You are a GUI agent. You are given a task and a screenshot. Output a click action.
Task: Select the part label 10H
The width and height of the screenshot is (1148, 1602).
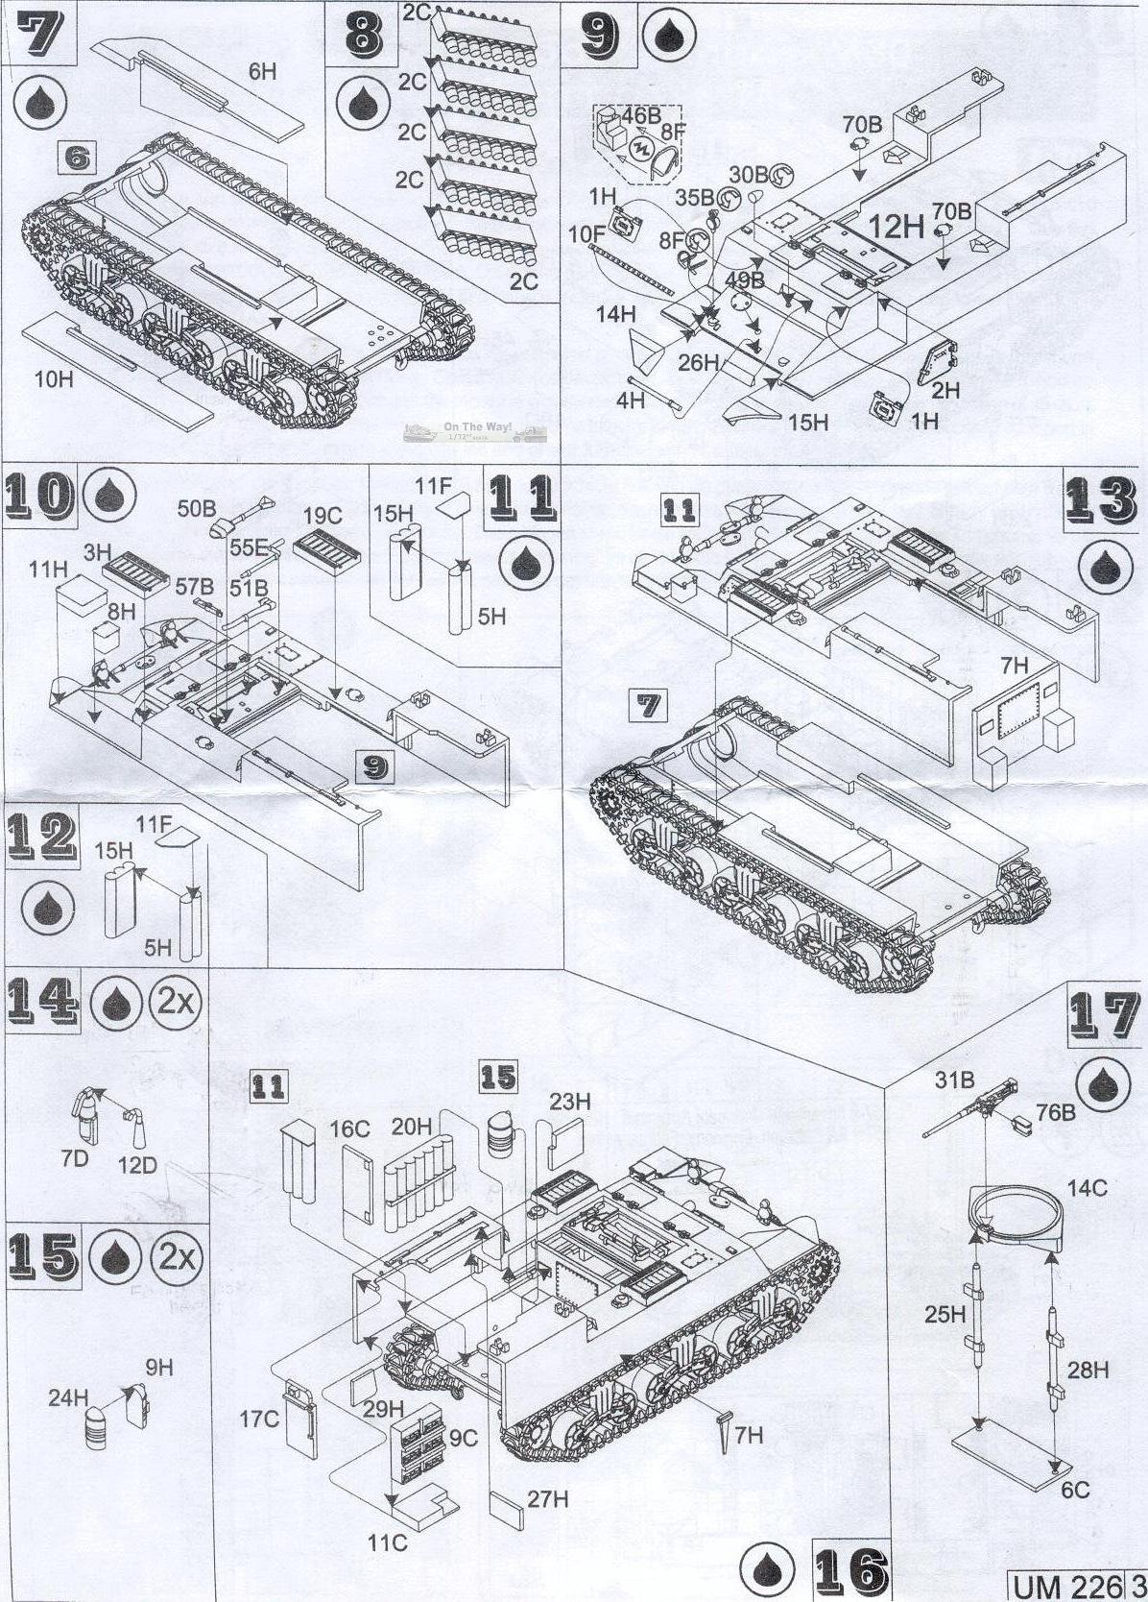pos(54,379)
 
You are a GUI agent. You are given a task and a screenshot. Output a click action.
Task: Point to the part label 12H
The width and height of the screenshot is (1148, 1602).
pos(896,227)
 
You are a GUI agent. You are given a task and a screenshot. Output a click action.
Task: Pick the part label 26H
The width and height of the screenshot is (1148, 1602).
pos(698,362)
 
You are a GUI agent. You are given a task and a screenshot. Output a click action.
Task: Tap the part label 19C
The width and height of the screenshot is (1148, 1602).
pos(322,517)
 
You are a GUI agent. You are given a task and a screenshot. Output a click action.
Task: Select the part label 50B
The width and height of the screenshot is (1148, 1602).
pos(197,509)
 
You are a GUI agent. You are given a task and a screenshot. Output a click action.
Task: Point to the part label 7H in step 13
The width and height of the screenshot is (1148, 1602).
pos(1014,665)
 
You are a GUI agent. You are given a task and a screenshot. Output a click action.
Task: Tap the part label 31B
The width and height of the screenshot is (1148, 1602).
pos(954,1080)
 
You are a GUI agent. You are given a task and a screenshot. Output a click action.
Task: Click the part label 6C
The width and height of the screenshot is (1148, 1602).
pos(1076,1489)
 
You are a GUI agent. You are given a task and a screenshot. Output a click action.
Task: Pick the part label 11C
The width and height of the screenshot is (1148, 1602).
pos(388,1542)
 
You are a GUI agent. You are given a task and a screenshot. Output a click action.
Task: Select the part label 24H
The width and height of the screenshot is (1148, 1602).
pos(68,1397)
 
